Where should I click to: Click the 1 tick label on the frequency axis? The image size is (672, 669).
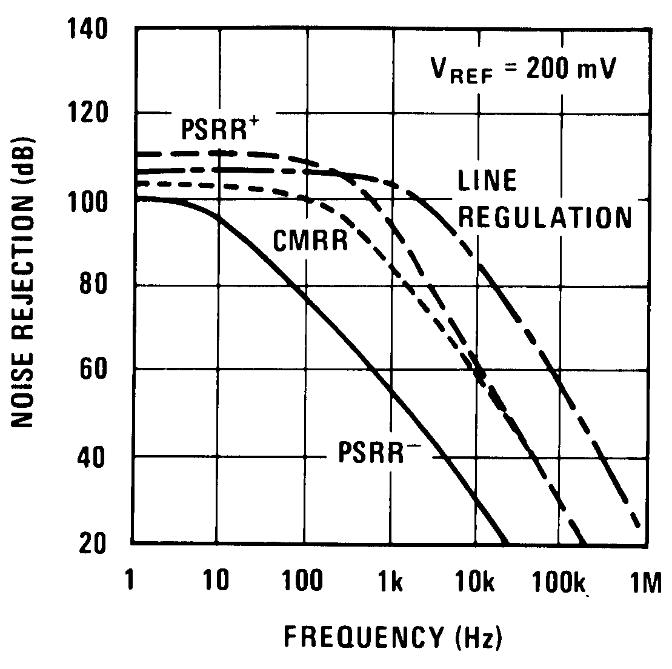pos(131,582)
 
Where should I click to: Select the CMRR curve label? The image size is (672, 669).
pos(310,241)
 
